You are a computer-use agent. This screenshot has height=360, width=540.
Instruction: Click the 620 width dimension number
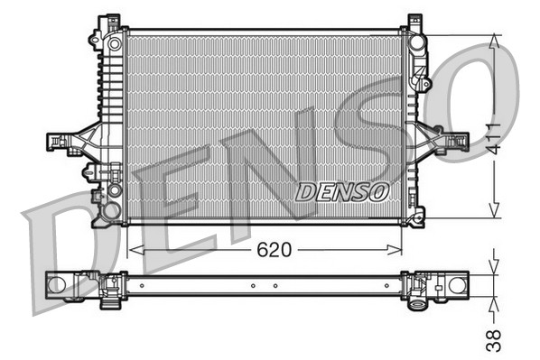click(275, 249)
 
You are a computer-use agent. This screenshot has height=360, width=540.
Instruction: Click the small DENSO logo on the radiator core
click(342, 191)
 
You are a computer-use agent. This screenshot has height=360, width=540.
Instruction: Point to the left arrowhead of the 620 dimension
click(134, 249)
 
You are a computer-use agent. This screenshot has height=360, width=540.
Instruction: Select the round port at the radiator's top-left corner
click(114, 42)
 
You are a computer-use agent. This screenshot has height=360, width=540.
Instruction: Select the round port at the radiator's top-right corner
click(415, 42)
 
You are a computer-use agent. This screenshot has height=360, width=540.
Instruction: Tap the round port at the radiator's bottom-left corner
click(112, 211)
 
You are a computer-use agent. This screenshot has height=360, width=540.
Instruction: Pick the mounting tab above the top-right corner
click(414, 20)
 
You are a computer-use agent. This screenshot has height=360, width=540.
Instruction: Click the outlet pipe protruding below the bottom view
click(417, 303)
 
